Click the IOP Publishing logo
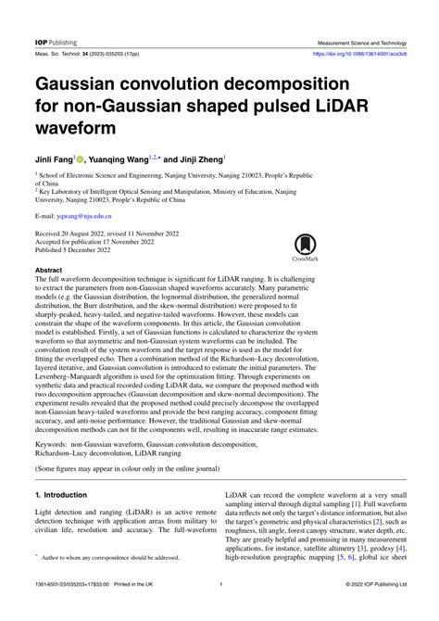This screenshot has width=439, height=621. pos(55,43)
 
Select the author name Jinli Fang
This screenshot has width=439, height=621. pos(60,158)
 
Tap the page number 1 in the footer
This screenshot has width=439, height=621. pos(219,609)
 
